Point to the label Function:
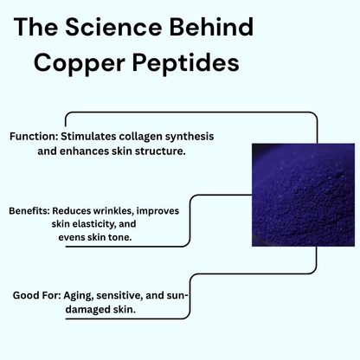point(34,137)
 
